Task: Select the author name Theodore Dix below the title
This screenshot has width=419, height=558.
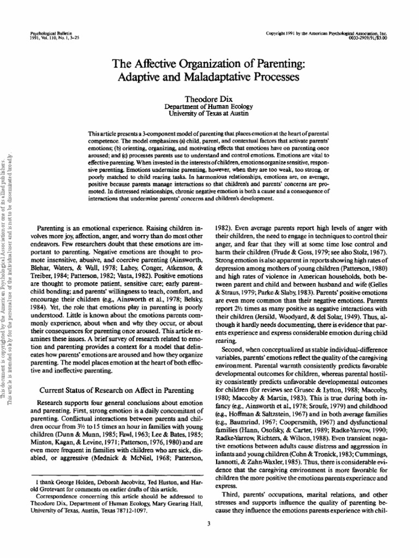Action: click(209, 101)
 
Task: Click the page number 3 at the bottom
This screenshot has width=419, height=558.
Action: click(209, 524)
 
